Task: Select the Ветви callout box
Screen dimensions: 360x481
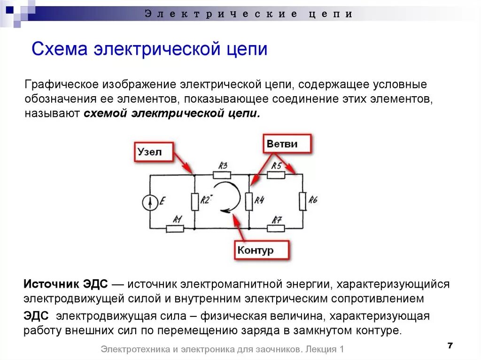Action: pos(287,144)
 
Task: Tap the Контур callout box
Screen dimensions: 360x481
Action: pos(261,250)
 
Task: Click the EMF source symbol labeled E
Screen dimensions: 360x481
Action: pos(150,202)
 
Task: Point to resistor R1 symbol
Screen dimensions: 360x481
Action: pos(175,229)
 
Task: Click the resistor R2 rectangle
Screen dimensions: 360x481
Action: pos(195,201)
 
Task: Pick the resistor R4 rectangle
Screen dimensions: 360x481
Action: pos(249,201)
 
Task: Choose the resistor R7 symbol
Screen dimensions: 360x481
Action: pos(276,229)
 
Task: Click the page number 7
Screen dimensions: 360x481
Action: pos(450,345)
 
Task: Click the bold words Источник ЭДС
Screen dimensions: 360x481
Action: pos(66,284)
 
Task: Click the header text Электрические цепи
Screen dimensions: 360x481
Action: pos(248,14)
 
